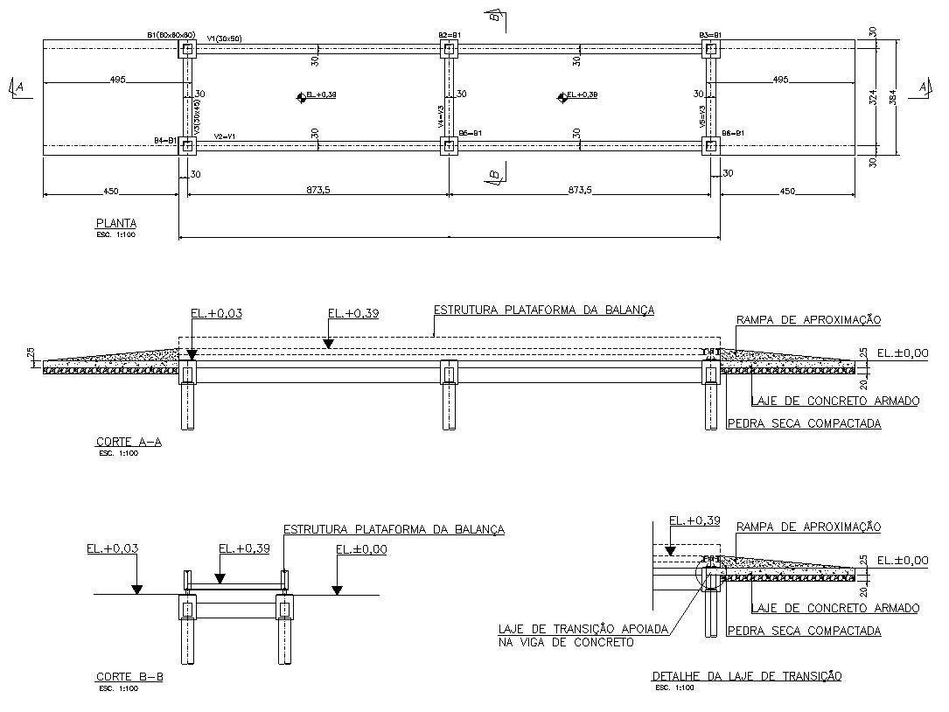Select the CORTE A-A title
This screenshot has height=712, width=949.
(x=128, y=443)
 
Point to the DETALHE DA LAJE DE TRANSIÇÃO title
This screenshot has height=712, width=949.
(x=746, y=676)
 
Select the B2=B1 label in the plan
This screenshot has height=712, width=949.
(x=449, y=35)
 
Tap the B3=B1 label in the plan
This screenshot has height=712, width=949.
(x=709, y=35)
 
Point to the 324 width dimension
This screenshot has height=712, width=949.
(x=873, y=98)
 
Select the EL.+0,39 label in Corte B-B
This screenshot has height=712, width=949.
(x=244, y=549)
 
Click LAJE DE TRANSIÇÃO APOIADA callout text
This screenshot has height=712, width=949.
(x=583, y=629)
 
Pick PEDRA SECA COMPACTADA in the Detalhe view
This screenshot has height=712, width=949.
(x=804, y=631)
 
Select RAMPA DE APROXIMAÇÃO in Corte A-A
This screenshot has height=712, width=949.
(x=808, y=319)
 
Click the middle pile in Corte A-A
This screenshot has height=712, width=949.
(x=448, y=407)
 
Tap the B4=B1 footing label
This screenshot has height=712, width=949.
(x=165, y=140)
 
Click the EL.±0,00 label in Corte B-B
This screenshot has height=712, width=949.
(x=361, y=549)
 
